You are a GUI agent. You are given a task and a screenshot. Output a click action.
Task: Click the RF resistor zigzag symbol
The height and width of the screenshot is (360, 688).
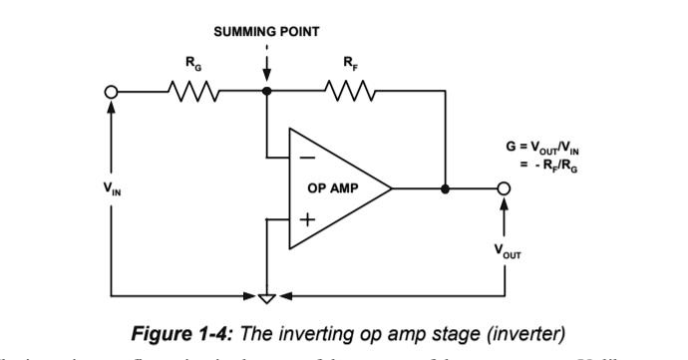pyautogui.click(x=349, y=92)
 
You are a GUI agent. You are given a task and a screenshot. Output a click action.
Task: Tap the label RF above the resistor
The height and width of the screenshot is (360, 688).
pyautogui.click(x=348, y=65)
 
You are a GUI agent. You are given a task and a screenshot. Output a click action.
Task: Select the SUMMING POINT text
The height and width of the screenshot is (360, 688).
pyautogui.click(x=266, y=31)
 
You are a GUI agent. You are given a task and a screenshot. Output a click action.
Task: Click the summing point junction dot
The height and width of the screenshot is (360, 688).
pyautogui.click(x=266, y=92)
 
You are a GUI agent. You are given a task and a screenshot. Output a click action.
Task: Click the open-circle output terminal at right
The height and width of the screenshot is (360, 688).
pyautogui.click(x=505, y=187)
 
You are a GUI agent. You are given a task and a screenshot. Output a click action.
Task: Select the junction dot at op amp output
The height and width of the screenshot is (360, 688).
pyautogui.click(x=445, y=187)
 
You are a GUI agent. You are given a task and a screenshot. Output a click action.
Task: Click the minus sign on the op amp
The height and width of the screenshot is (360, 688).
pyautogui.click(x=310, y=158)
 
